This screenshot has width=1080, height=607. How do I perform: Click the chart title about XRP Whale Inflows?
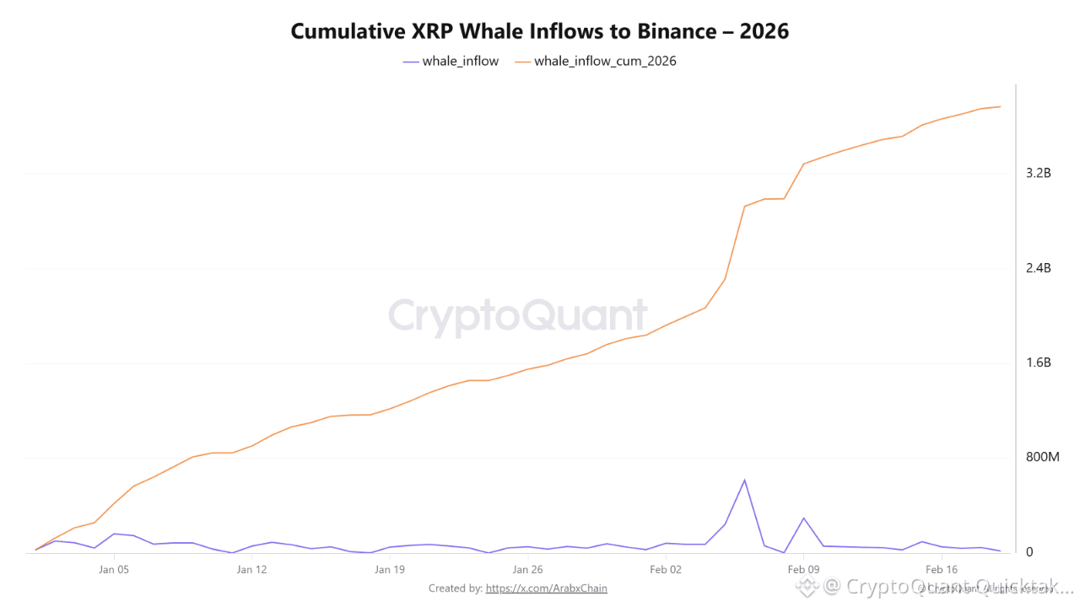pos(539,31)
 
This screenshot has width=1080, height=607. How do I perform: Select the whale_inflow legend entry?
pos(451,62)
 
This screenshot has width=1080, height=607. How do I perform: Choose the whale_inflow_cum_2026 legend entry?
pos(596,62)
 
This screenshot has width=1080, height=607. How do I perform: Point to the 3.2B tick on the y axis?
pos(1038,173)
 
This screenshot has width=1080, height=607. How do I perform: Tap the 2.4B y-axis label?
pos(1038,268)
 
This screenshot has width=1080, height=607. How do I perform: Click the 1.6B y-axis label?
pos(1038,363)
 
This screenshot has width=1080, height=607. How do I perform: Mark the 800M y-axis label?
pos(1042,457)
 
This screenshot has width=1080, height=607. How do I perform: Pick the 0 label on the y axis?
pos(1029,552)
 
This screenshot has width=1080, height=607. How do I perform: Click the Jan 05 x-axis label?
pos(114,570)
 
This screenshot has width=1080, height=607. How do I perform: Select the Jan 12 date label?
pos(251,570)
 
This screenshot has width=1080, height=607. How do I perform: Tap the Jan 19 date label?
pos(389,570)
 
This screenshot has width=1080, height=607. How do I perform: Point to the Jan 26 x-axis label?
pos(527,570)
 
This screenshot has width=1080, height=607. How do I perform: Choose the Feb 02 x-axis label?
pos(665,570)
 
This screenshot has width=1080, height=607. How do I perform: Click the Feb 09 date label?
pos(803,570)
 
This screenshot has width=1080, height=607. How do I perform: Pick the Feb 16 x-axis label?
pos(941,570)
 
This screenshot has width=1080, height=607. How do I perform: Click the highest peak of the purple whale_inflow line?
pos(744,480)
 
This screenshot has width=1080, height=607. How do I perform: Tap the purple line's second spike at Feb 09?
pos(803,518)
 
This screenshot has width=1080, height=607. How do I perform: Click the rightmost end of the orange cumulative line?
pos(1000,106)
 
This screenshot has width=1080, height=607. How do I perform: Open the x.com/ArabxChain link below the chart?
pos(546,588)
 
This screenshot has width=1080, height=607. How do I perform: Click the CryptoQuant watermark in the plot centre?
pos(518,316)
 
